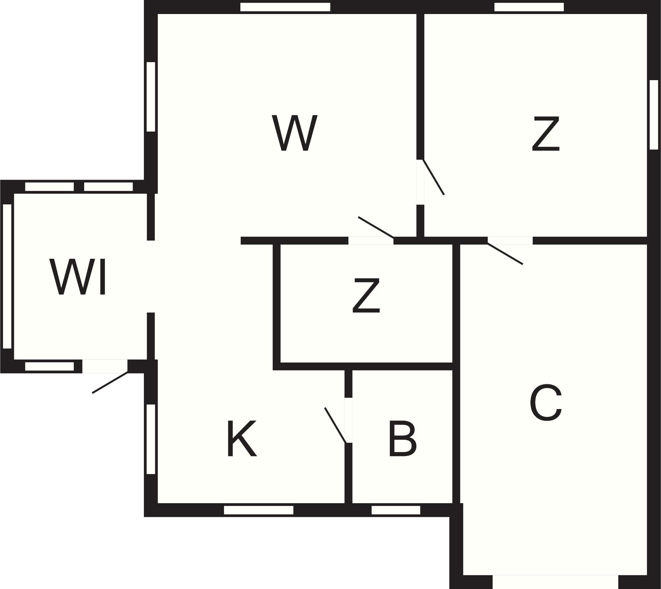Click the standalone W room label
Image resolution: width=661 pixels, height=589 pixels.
[x=294, y=133]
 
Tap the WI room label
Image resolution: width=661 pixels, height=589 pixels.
[x=78, y=277]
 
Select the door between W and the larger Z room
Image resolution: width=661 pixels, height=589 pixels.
[x=433, y=177]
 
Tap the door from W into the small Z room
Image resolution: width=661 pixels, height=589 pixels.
[x=376, y=227]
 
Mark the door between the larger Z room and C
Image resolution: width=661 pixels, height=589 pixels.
[x=505, y=254]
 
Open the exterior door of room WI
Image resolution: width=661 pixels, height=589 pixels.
[x=110, y=382]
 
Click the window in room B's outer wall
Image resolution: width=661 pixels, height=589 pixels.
[x=396, y=510]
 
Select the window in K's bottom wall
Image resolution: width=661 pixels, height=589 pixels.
[x=258, y=510]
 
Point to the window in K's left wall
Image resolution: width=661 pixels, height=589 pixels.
[x=151, y=439]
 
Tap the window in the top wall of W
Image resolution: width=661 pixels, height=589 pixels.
[x=285, y=7]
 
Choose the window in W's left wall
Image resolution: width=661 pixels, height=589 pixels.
[x=151, y=96]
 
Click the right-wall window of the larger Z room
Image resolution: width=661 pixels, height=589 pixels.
[x=654, y=115]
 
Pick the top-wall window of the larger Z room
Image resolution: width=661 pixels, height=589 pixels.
[x=529, y=7]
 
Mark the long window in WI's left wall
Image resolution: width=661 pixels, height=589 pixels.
[x=7, y=276]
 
